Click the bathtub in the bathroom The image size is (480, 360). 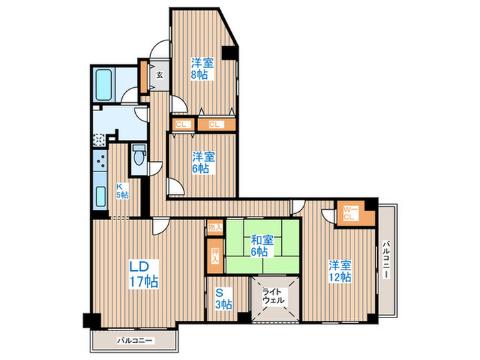(x=104, y=85)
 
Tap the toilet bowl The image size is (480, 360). (x=139, y=155)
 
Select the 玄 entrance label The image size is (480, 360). (x=160, y=75)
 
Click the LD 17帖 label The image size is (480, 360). (x=143, y=274)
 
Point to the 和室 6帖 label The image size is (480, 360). (x=262, y=245)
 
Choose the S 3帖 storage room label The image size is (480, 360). (x=223, y=298)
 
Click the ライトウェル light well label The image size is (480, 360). (x=274, y=296)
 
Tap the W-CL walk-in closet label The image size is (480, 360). (x=350, y=213)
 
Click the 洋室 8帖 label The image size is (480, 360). (x=202, y=69)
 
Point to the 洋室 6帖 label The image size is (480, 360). (x=203, y=163)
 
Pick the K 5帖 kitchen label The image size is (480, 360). (x=122, y=191)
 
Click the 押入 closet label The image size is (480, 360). (x=215, y=256)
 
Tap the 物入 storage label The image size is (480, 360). (x=215, y=228)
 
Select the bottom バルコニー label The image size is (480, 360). (x=134, y=340)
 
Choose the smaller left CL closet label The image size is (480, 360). (x=181, y=125)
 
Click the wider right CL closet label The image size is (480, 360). (x=214, y=125)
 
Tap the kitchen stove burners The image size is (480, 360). (x=100, y=161)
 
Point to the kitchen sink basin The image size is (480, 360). (x=100, y=196)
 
